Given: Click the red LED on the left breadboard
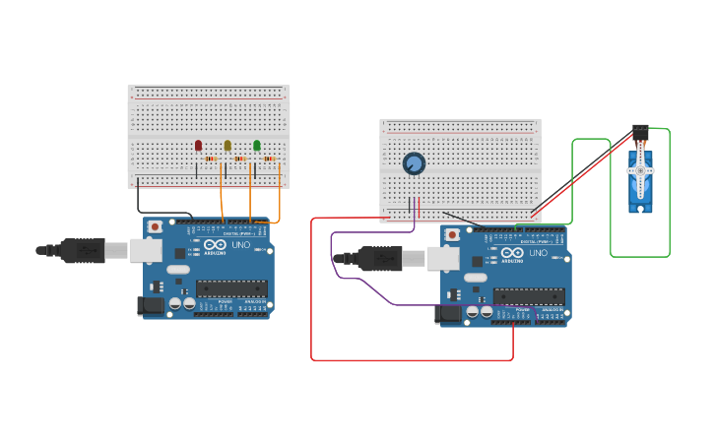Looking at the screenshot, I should (198, 146).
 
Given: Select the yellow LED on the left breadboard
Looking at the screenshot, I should (227, 146).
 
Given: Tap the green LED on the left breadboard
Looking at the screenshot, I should (257, 146).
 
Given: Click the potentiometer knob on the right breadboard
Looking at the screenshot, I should (414, 163).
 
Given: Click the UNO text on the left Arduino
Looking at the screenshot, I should (241, 244).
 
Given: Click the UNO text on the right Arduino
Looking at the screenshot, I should (539, 253).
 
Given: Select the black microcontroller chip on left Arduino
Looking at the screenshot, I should (231, 288).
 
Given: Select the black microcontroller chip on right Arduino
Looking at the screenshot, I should (529, 296).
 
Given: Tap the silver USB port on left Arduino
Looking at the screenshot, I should (146, 251).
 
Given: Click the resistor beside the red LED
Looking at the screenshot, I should (211, 159).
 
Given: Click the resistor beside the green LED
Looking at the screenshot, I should (269, 159).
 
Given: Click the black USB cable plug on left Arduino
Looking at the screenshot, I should (83, 251).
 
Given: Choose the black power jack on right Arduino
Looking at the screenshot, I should (447, 314).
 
